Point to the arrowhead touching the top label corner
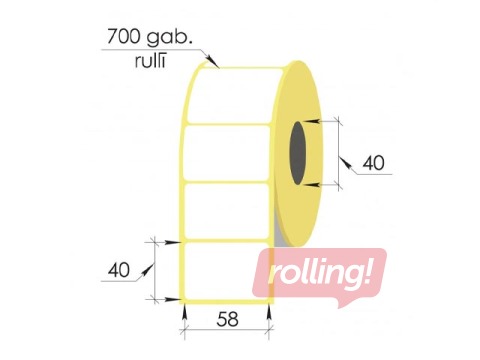point(213,65)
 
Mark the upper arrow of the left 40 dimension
point(170,241)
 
